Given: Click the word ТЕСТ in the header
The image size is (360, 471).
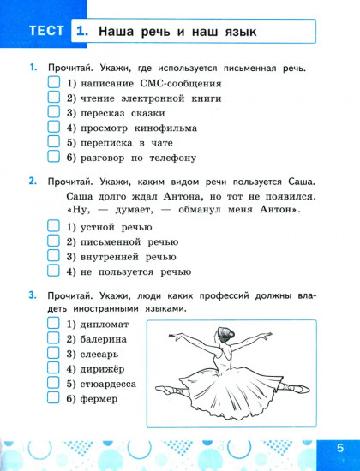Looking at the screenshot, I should pos(46,33).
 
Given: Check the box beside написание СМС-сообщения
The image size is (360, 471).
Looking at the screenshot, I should pos(53,84).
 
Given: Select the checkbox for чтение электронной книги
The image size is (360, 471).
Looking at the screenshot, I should pos(53,98).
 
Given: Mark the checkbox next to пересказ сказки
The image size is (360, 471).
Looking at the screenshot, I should pos(53,113).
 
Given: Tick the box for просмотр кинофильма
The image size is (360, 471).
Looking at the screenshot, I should pos(53,128).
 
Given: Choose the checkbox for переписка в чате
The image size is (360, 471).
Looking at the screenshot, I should pos(53,142).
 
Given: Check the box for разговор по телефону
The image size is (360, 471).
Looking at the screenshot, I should pos(53,157).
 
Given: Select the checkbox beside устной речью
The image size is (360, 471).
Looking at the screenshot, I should pos(53,227).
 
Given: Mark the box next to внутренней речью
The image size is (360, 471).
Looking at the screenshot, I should pos(53,256).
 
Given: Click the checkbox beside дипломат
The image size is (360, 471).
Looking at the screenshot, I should pos(53,325).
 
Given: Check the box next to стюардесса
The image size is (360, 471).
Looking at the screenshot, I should pos(53,384).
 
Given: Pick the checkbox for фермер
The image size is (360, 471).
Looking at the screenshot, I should pos(53,398).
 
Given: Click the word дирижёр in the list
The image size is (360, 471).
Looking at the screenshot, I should pos(102,370).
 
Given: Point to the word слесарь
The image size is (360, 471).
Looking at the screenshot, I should pos(100,355).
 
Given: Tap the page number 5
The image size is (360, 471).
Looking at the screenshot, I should pos(339,448).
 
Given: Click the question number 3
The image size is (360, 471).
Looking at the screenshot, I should pos(32,295).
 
